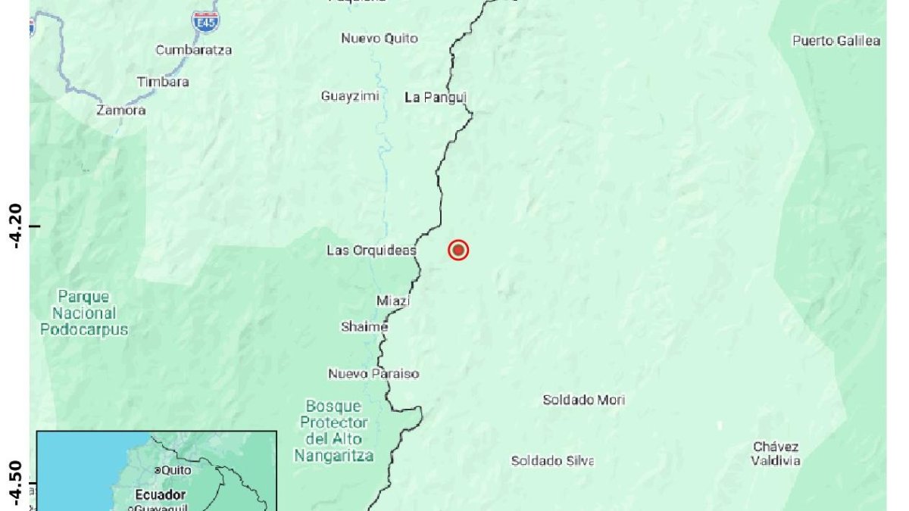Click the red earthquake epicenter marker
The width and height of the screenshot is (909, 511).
458,250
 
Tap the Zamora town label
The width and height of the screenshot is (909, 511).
121,111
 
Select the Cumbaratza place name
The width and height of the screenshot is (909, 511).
194,50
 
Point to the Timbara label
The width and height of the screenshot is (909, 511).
163,82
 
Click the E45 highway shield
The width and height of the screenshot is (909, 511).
205,20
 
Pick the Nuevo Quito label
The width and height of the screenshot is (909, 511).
379,39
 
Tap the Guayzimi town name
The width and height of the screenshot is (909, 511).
350,96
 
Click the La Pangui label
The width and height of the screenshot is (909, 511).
436,97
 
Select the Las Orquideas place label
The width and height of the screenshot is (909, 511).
371,250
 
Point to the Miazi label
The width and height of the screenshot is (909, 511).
393,301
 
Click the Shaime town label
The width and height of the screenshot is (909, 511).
364,327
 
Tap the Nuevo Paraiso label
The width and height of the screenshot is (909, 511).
373,374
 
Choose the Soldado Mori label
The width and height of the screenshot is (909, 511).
583,400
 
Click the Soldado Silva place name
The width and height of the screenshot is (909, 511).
552,460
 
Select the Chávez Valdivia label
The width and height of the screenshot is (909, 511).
776,453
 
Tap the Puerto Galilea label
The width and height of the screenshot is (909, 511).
836,41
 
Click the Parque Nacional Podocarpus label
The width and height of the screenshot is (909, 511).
84,313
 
